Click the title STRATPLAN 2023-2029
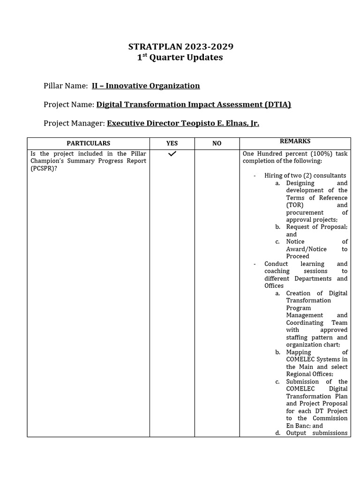coord(181,46)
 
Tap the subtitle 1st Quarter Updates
coord(180,58)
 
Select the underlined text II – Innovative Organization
coord(146,86)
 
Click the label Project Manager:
coord(74,123)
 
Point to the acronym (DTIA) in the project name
coord(277,105)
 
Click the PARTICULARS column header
coord(88,143)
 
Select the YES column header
coord(172,143)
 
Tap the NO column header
coord(217,143)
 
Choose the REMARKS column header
coord(295,142)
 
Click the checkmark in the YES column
coord(172,154)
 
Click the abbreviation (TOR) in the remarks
coord(295,205)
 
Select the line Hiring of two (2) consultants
coord(305,176)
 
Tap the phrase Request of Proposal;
coord(317,227)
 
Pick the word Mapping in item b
coord(299,352)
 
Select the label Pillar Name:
coord(66,86)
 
